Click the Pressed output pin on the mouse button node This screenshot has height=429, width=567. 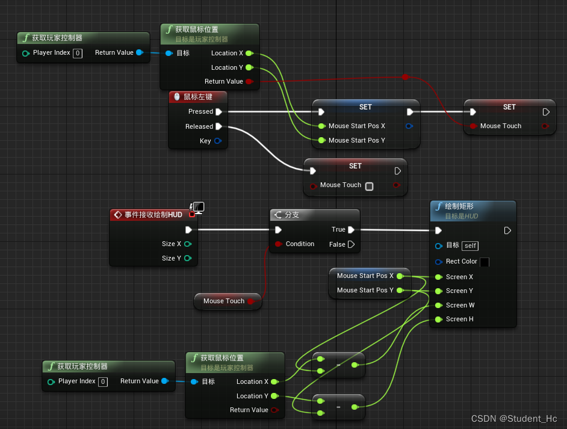click(218, 111)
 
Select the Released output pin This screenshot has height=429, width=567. click(218, 126)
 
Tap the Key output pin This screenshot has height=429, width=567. click(217, 141)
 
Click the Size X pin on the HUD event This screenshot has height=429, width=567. click(188, 244)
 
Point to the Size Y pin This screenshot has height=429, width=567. click(188, 258)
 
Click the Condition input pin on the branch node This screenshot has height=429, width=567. click(278, 244)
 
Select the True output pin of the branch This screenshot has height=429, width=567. click(351, 229)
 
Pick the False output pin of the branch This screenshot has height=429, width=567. click(351, 244)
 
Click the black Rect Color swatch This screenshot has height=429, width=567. click(485, 262)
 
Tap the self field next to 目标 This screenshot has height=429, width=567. click(471, 245)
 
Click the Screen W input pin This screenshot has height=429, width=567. click(438, 305)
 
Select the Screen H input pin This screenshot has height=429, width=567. click(438, 319)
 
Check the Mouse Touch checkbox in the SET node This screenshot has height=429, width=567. click(370, 186)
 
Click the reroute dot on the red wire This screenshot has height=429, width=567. click(405, 77)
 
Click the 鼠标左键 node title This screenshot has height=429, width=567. click(197, 96)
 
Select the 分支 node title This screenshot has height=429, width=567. click(291, 215)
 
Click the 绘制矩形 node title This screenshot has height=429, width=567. click(459, 206)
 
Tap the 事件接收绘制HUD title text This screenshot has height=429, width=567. click(153, 215)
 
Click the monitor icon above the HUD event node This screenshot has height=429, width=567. click(198, 207)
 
